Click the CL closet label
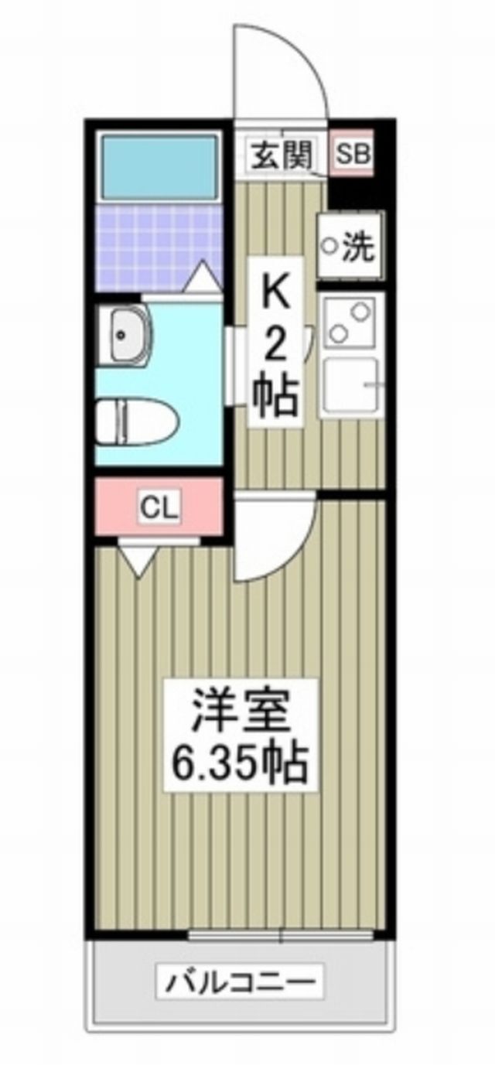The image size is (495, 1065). click(x=159, y=508)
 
